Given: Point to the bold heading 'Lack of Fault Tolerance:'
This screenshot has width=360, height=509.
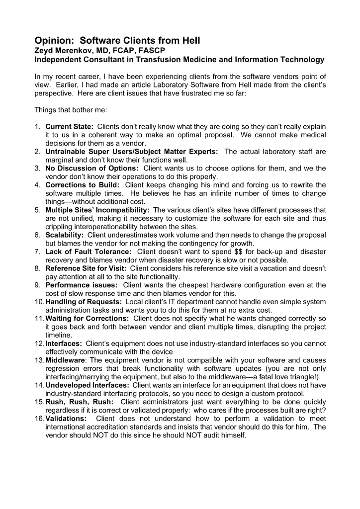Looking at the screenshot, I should tap(88, 252).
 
